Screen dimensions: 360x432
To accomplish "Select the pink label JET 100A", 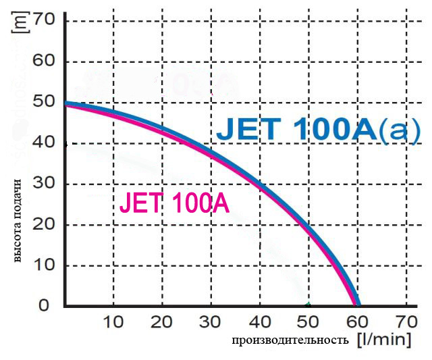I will click(174, 203).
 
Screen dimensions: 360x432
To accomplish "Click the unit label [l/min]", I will click(383, 338).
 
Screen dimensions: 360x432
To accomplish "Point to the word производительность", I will click(290, 340).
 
